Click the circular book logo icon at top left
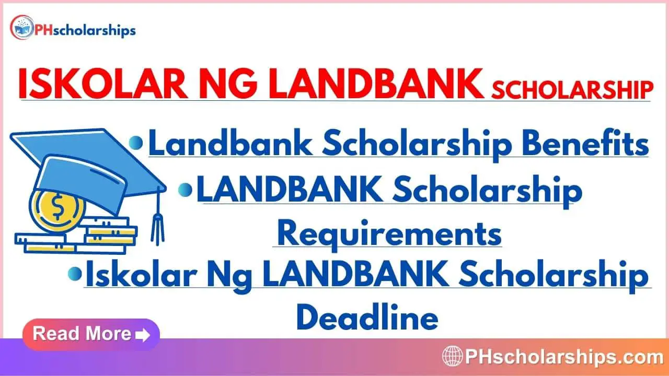click(x=21, y=27)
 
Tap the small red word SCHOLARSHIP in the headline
click(x=572, y=89)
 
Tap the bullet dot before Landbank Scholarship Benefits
click(x=136, y=143)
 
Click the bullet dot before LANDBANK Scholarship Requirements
click(x=185, y=190)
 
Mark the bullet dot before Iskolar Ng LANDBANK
click(x=75, y=274)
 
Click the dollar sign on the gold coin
click(x=57, y=206)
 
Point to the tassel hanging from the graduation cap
click(x=157, y=218)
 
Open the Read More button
click(x=91, y=334)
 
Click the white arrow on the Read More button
click(x=143, y=335)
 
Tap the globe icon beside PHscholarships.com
click(x=452, y=356)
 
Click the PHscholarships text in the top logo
click(x=85, y=31)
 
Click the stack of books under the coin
click(x=76, y=236)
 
